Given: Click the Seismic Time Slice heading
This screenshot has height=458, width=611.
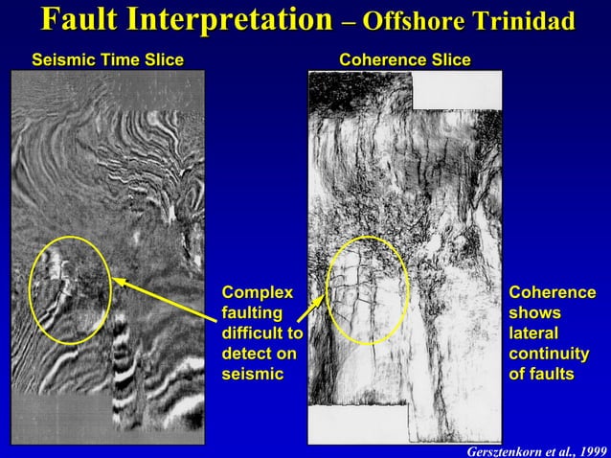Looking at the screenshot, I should (107, 60).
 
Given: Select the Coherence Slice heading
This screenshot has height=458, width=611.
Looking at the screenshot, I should (405, 60).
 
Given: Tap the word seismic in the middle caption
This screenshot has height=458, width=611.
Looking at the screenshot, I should (253, 374).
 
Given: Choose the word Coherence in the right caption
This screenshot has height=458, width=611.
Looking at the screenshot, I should (552, 291).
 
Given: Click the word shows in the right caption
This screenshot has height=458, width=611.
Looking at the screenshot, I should (534, 312).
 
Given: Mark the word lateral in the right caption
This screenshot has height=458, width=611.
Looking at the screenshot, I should (533, 332).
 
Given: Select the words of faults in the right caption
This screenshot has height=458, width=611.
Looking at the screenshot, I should (541, 374).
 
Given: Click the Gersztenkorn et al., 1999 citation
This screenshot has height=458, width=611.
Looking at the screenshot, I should (533, 448).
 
